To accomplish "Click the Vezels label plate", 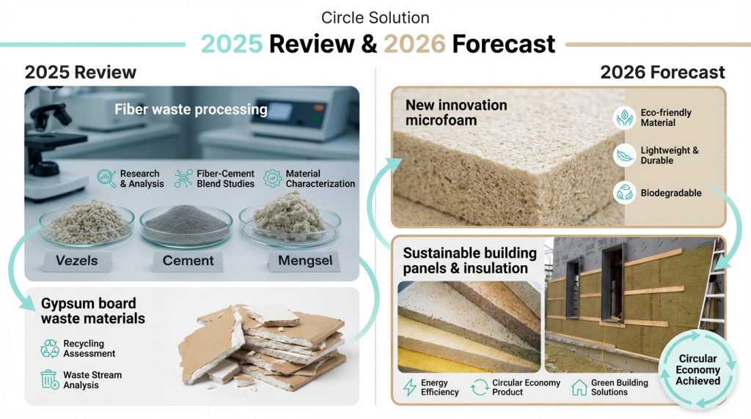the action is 76,262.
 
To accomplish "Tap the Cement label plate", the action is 188,262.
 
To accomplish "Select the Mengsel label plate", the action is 304,262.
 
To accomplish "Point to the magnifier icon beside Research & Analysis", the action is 106,179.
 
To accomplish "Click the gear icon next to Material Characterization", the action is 272,179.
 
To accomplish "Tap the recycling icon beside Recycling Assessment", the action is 50,349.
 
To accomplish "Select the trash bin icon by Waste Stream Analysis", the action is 49,379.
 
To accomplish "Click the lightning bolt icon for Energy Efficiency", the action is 409,387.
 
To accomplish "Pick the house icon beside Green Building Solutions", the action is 579,387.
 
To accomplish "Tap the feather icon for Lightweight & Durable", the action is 625,155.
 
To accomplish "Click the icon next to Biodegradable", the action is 625,193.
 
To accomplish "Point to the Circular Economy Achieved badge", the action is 697,369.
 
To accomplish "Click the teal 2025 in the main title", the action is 232,44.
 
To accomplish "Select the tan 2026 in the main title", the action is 415,44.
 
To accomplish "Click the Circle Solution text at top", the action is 375,18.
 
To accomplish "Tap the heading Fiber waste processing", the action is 191,110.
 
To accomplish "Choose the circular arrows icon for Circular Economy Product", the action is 480,387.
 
